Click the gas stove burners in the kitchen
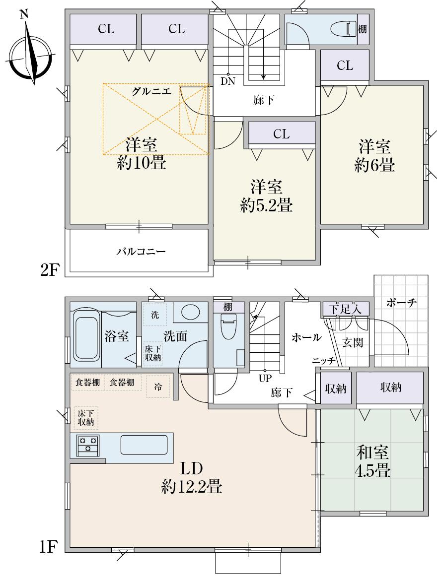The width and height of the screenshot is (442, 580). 88,444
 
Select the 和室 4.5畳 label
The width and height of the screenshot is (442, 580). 372,461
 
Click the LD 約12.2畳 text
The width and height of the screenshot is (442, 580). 191,478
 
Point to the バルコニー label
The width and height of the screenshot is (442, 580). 141,252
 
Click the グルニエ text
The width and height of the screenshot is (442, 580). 151,91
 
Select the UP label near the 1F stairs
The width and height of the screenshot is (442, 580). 264,377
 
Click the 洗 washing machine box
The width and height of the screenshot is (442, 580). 155,315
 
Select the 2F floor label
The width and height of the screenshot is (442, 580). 50,270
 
